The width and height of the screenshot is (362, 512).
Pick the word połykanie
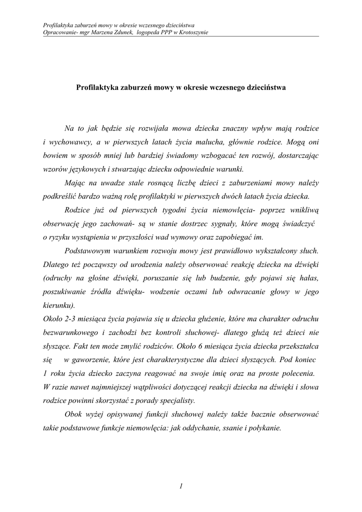(265, 428)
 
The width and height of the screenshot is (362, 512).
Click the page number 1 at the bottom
(181, 485)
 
